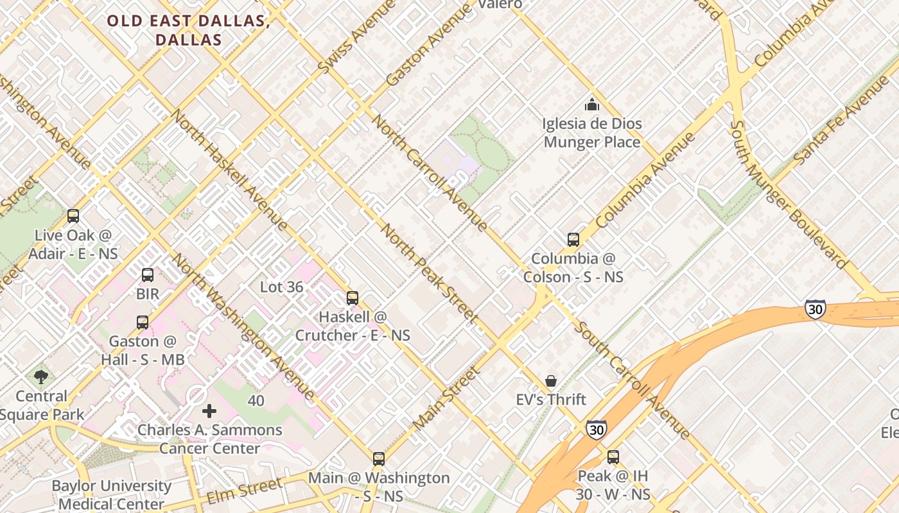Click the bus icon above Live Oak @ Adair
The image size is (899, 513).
point(73,216)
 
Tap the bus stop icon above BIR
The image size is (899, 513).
point(148,275)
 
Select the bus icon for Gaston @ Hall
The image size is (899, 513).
point(143,322)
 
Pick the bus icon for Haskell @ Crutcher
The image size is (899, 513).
point(352,298)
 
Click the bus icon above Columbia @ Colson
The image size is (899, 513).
point(573,240)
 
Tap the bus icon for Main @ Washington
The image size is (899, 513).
point(379,458)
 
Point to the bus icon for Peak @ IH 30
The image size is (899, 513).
point(613,457)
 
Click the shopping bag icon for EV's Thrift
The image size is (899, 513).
point(551,381)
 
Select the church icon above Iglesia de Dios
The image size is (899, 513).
point(592,105)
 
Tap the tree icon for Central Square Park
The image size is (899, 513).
point(41,377)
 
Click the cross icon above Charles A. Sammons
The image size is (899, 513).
point(209,410)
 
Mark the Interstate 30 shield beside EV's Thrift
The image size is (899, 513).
point(596,429)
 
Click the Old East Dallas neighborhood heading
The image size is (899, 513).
point(188,30)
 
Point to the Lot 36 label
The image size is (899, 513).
point(281,287)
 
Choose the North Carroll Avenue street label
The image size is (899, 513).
point(430,172)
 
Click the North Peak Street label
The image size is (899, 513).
point(430,273)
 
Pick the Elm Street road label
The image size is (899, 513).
point(243,491)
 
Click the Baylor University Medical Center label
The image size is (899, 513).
point(112,494)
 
